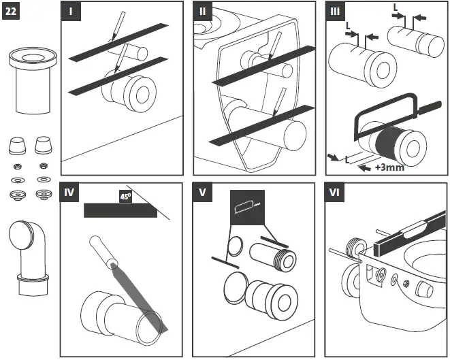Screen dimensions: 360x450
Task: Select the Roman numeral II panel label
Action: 202,12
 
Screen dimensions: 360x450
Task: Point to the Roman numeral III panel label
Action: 335,12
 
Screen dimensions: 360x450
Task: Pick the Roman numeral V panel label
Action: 202,193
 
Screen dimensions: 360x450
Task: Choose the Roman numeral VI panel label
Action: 335,193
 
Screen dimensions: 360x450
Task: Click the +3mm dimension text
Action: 389,167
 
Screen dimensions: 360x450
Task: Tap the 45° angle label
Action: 125,197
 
